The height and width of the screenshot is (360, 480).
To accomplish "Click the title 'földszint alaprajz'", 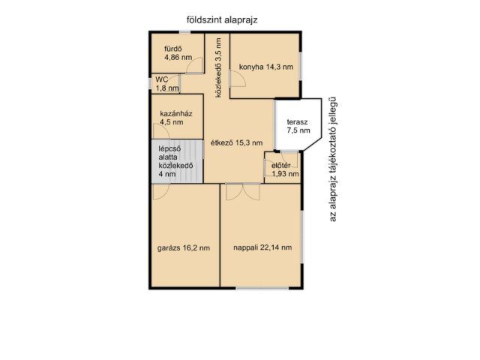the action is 222,20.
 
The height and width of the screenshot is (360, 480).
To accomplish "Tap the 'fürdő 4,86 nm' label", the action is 178,53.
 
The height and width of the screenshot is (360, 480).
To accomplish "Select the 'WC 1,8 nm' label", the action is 167,84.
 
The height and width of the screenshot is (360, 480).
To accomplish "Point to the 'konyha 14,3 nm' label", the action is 266,67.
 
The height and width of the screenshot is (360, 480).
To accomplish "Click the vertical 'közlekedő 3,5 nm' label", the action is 218,67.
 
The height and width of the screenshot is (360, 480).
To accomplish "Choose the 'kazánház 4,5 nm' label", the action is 176,118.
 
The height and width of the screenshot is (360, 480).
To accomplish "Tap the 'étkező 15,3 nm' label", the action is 237,142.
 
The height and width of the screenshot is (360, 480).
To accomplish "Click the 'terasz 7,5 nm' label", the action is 298,126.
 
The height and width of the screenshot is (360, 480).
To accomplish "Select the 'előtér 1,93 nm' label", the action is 285,170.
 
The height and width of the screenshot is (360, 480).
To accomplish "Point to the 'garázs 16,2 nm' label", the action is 184,248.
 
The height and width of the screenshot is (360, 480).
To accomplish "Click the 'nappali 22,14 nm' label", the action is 262,247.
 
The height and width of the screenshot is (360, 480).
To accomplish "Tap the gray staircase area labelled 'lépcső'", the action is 178,162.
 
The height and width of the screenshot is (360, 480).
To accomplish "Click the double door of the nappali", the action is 243,192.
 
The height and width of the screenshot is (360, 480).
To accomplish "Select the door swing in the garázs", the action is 160,192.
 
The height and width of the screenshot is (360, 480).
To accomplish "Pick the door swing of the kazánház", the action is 161,131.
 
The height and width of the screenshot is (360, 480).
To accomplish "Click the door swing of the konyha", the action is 238,79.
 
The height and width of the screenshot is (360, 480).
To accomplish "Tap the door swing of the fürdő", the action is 195,65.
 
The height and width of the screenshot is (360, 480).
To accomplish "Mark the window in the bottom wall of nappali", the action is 262,288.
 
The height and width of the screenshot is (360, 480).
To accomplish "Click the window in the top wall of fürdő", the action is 184,31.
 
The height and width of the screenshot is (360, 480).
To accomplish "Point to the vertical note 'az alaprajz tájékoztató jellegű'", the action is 333,159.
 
